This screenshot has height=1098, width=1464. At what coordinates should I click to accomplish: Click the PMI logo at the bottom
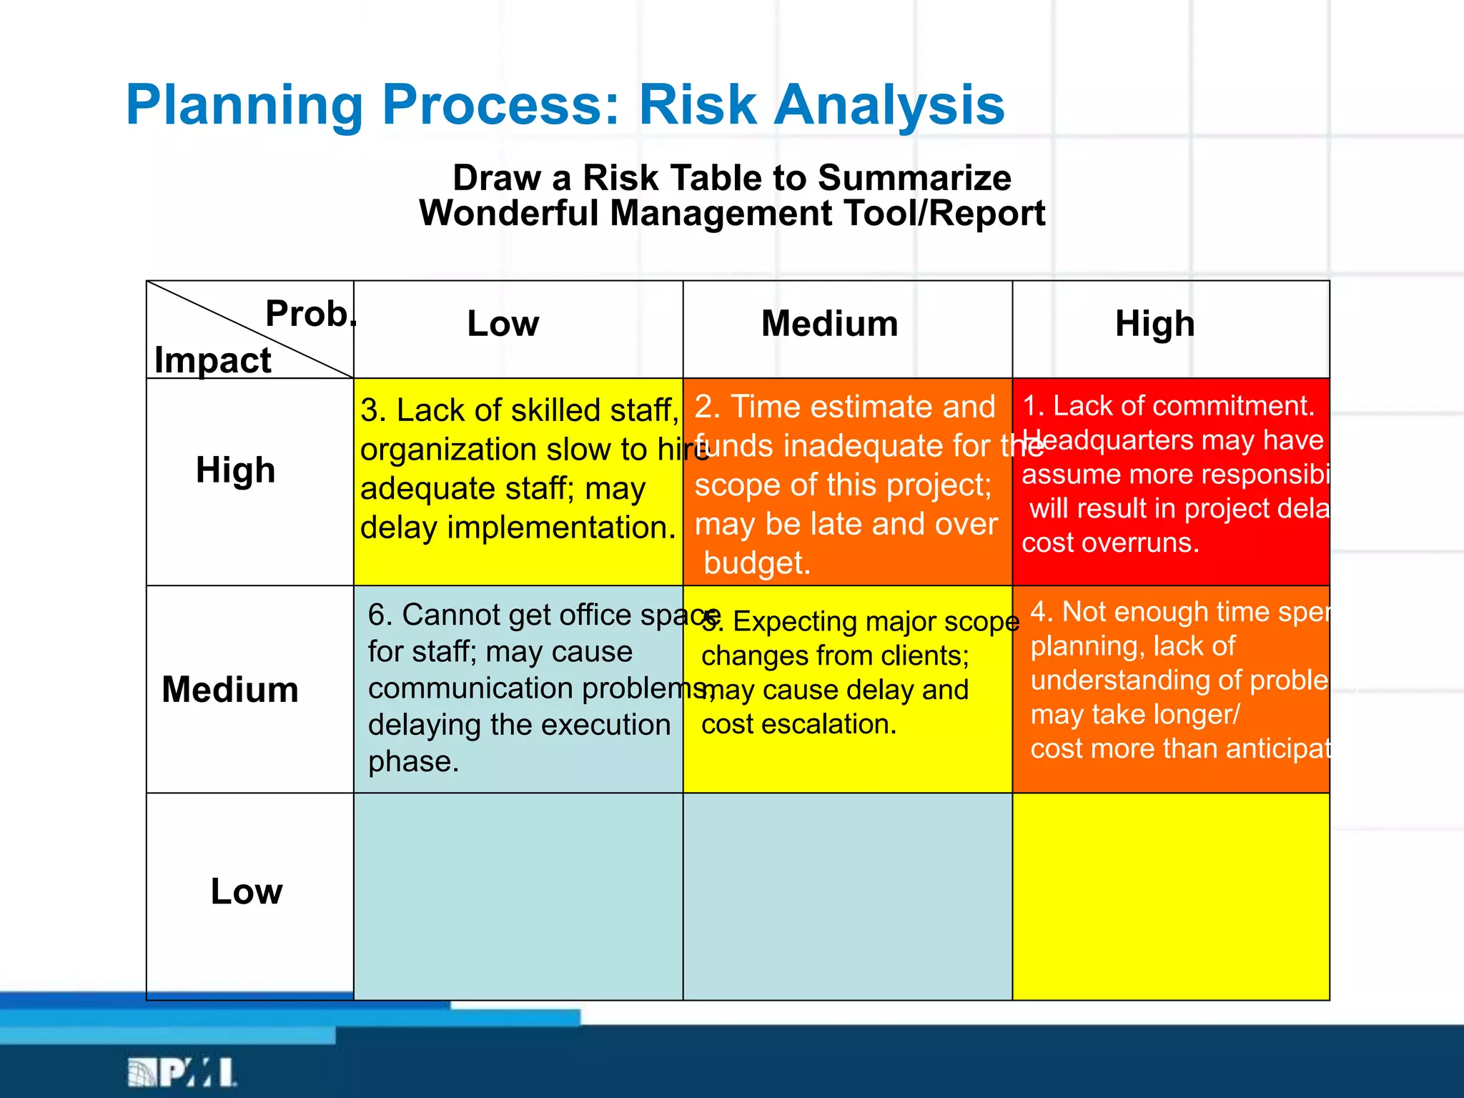[182, 1072]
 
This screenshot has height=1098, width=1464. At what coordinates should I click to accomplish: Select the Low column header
[503, 324]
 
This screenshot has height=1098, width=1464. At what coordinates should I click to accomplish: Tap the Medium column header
[829, 324]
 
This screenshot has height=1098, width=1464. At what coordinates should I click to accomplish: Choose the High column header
[1154, 324]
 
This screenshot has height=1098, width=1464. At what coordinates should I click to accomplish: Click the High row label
[236, 470]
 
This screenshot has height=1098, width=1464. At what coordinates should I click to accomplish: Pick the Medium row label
[230, 690]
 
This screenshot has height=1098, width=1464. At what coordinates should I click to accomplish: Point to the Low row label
[247, 891]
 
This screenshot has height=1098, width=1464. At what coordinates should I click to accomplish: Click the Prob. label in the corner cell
[309, 314]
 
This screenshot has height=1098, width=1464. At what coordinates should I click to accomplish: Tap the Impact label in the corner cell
[212, 360]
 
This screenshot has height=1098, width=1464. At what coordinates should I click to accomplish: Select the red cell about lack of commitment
[1171, 480]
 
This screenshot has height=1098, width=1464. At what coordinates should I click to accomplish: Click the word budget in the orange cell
[756, 563]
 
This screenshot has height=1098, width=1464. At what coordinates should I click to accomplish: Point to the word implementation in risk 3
[561, 528]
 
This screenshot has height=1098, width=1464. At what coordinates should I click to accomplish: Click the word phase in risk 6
[412, 761]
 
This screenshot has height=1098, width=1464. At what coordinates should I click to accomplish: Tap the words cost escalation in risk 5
[798, 724]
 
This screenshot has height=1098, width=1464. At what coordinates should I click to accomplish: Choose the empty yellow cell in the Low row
[1171, 896]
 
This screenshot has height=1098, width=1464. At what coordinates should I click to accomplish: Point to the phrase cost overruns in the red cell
[1109, 543]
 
